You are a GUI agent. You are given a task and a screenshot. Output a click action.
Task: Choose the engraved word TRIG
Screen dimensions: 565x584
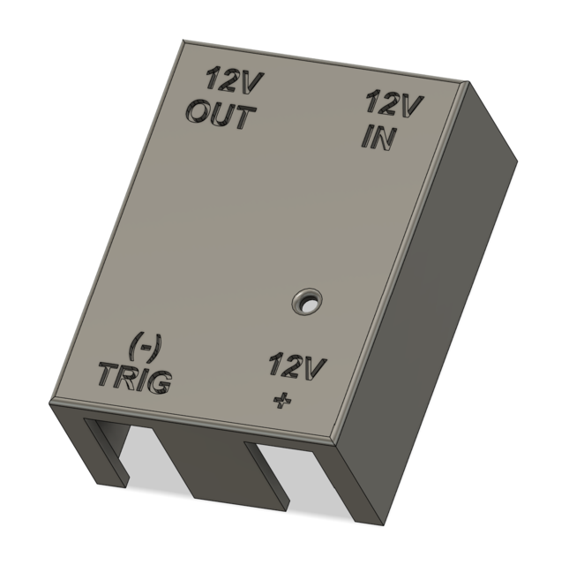click(134, 378)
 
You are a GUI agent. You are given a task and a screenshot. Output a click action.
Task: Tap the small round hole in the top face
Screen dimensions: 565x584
click(307, 301)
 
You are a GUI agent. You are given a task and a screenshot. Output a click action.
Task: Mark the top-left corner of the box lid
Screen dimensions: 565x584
click(182, 41)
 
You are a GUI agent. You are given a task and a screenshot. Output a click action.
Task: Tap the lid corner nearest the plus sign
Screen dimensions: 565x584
click(338, 441)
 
